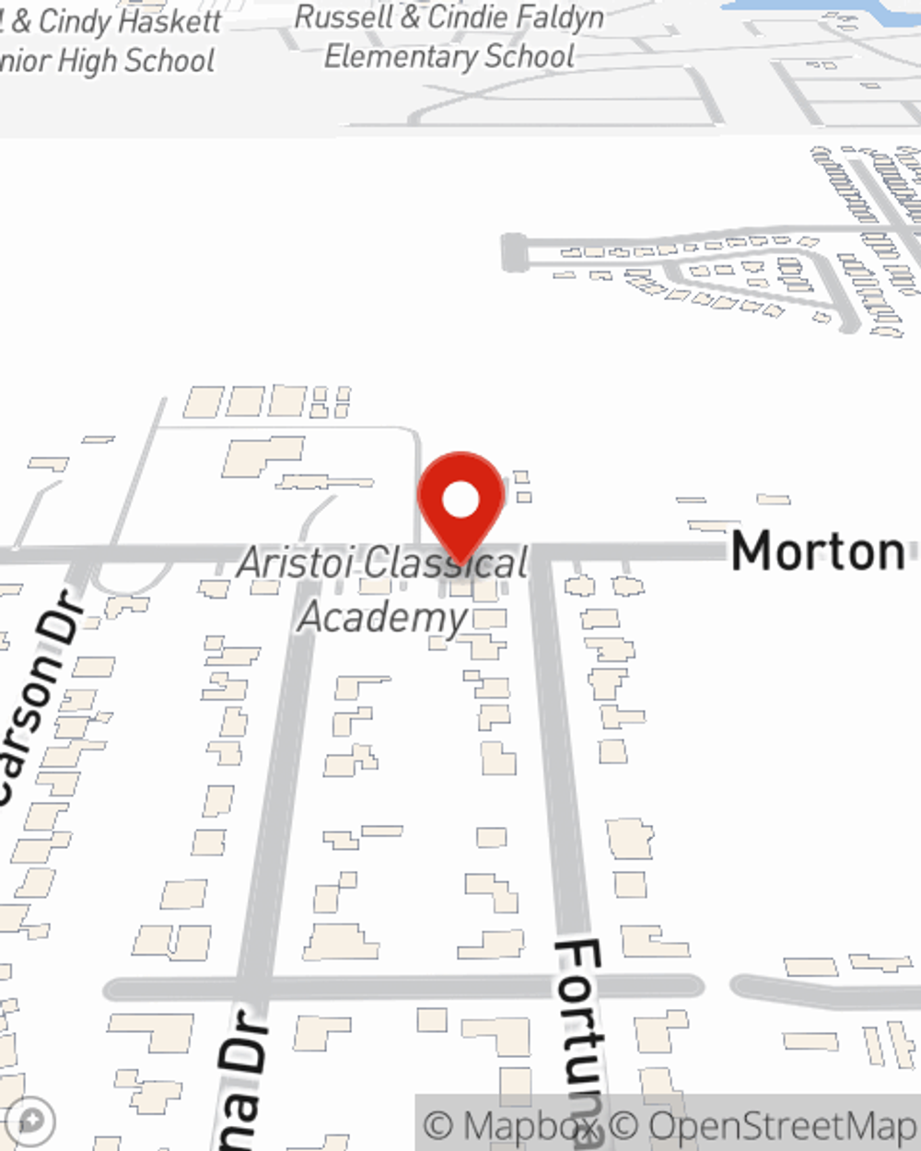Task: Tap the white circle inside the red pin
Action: (460, 500)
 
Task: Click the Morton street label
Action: (817, 552)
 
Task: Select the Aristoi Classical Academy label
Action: (383, 589)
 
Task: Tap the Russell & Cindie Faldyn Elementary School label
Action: (449, 37)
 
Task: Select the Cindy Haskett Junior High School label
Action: (111, 41)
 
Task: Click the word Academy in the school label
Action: (383, 617)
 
